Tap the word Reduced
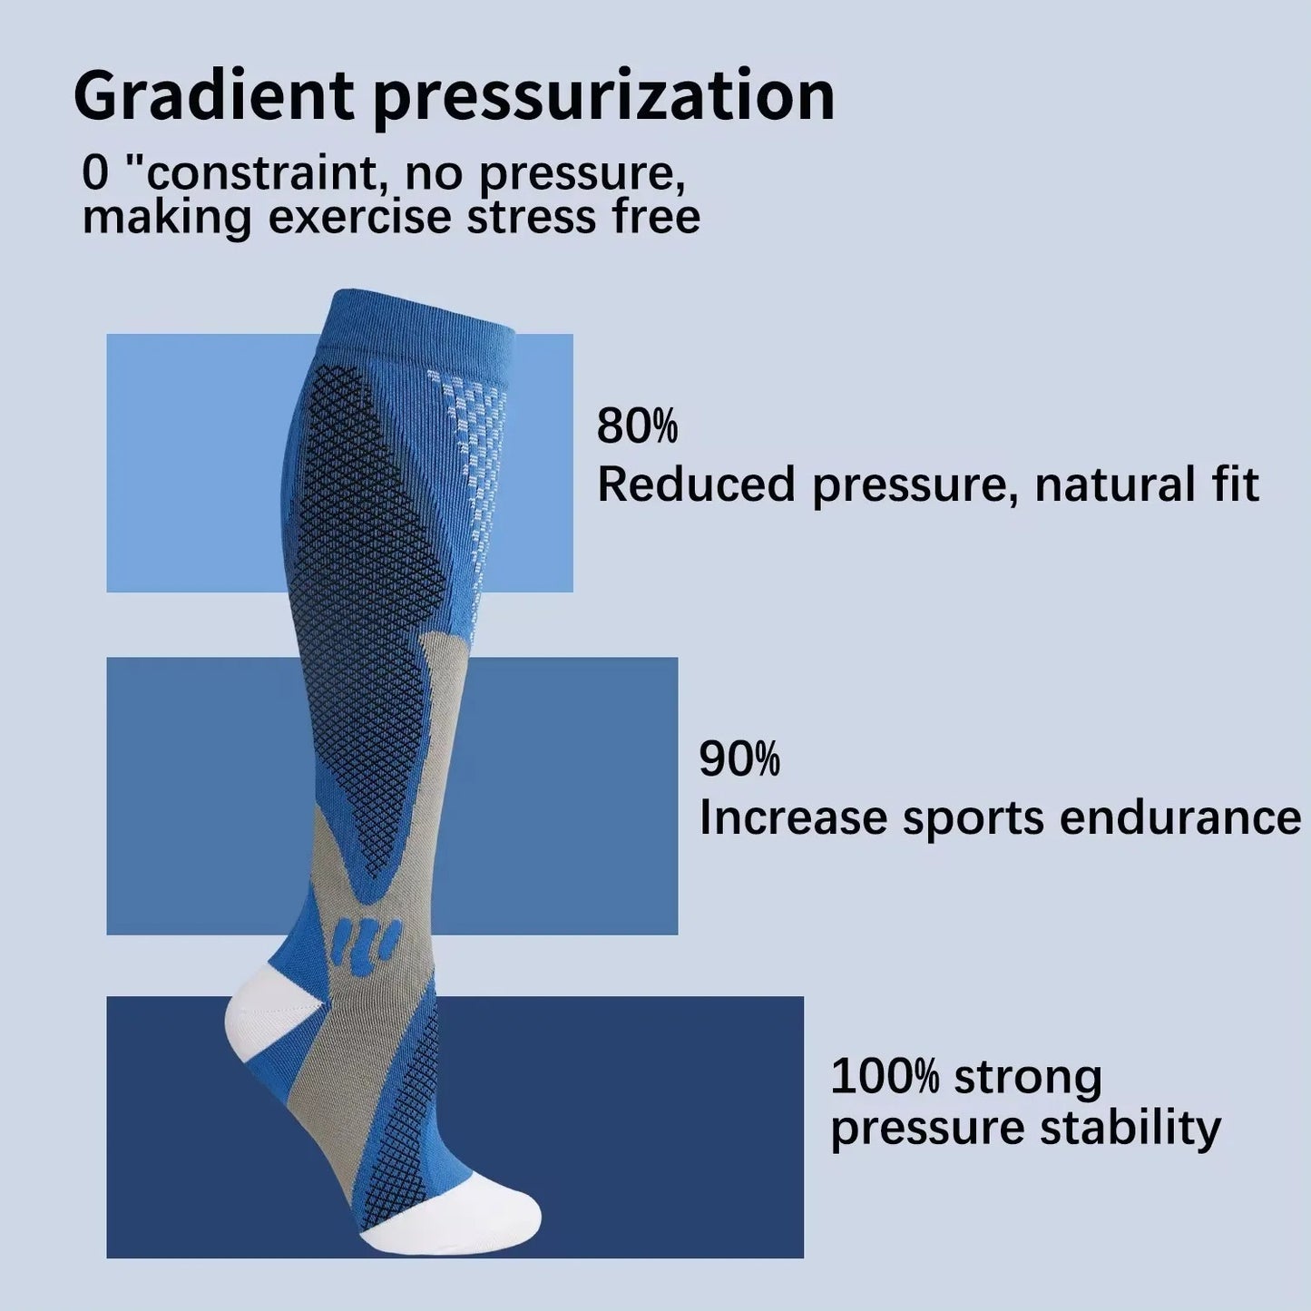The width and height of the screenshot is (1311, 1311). pyautogui.click(x=695, y=484)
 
